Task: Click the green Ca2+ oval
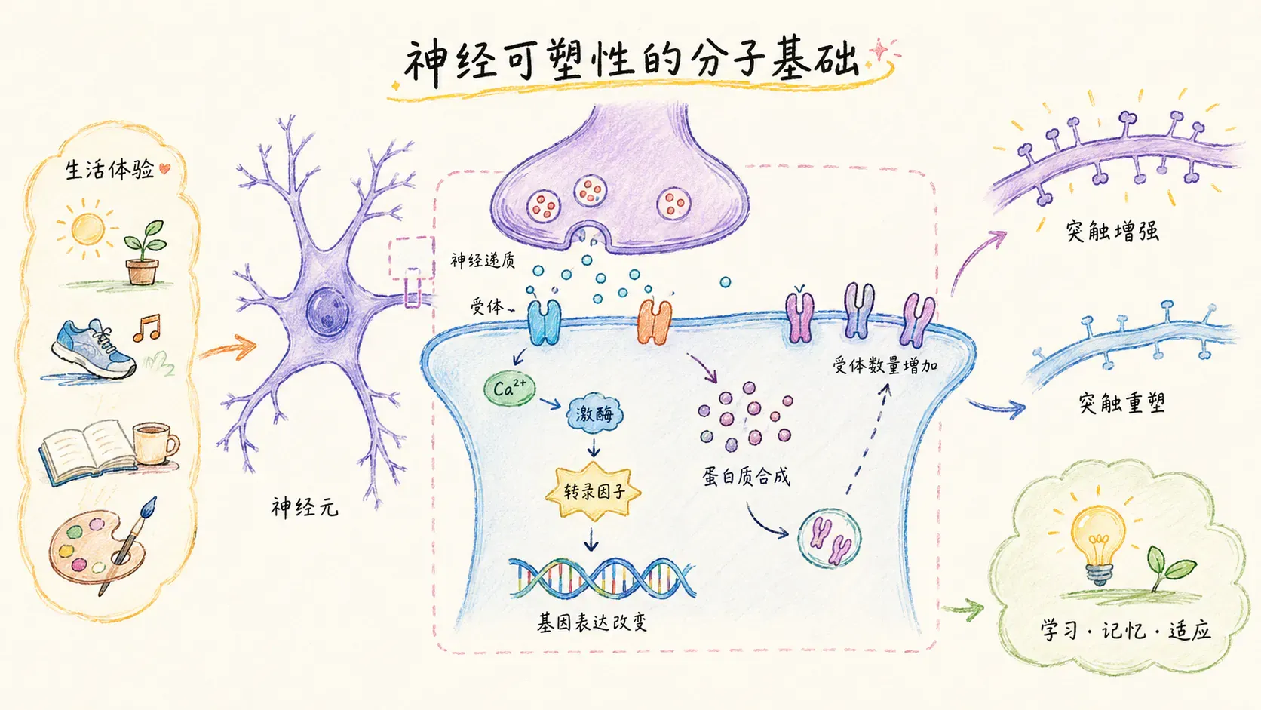(x=510, y=389)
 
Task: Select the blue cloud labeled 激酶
(x=594, y=413)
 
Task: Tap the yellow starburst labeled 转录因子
(x=594, y=491)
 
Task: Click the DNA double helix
(x=602, y=578)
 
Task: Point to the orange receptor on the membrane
(x=654, y=322)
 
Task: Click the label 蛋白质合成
(x=746, y=477)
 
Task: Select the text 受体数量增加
(x=885, y=366)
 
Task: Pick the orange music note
(x=147, y=327)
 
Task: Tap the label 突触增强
(x=1112, y=232)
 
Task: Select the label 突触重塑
(x=1121, y=403)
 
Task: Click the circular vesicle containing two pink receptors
(x=829, y=538)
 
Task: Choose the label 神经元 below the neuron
(x=305, y=507)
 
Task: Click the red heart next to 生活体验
(x=164, y=168)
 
